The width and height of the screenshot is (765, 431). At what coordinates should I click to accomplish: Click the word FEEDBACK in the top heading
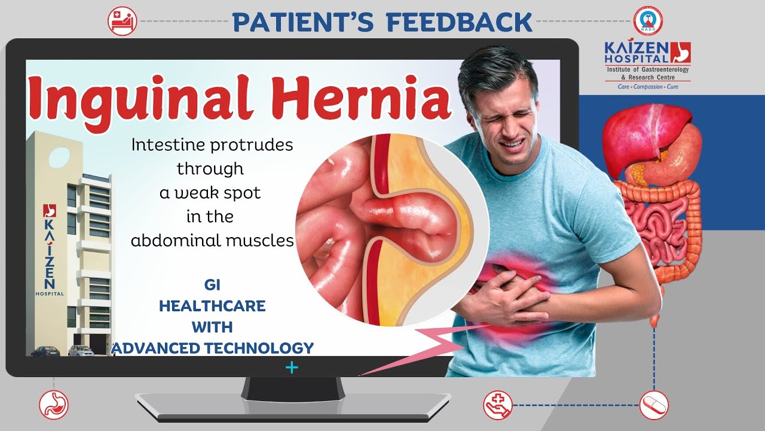(460, 22)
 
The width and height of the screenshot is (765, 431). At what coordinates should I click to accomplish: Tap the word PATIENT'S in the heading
(303, 22)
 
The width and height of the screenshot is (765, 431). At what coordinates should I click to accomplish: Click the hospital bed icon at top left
(123, 21)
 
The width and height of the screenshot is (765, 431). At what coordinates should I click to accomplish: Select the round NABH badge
(648, 20)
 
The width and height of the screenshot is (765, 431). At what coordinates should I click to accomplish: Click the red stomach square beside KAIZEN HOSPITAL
(681, 52)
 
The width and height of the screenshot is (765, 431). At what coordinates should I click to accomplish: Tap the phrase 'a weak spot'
(210, 193)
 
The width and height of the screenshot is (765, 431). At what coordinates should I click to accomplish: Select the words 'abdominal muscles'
(212, 240)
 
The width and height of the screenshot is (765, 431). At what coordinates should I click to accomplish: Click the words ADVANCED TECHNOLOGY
(212, 348)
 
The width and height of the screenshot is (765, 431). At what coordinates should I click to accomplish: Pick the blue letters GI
(212, 285)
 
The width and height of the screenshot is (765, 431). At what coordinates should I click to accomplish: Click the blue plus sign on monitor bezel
(292, 368)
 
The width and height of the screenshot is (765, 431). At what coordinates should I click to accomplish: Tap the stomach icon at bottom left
(54, 405)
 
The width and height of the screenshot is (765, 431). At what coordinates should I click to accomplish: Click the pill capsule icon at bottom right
(654, 405)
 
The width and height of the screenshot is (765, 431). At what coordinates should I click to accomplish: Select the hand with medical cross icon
(498, 405)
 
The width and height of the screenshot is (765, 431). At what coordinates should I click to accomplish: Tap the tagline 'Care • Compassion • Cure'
(648, 87)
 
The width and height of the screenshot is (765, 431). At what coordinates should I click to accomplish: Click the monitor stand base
(293, 407)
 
